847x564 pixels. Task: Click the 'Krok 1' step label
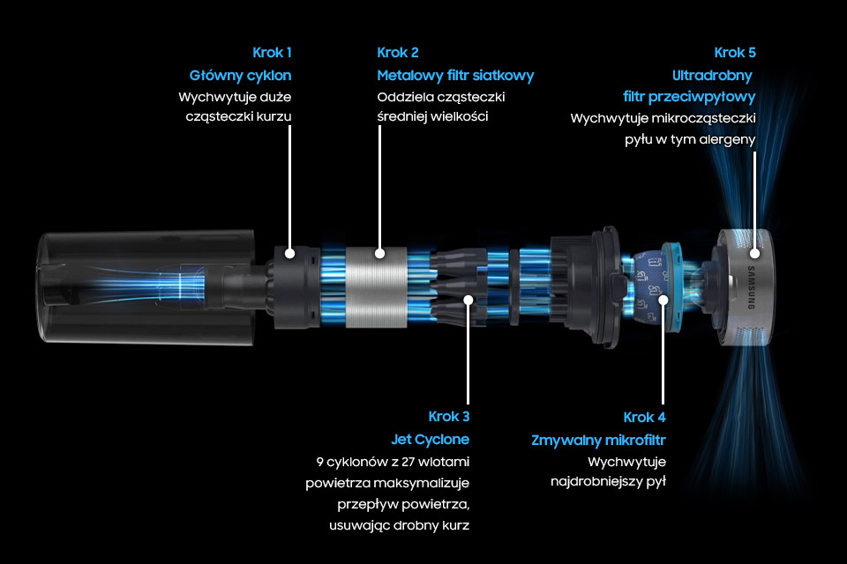272,52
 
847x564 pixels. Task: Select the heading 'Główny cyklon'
240,76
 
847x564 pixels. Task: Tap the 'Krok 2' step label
398,52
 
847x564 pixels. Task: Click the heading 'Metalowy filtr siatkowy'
455,76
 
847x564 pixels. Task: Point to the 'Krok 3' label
449,417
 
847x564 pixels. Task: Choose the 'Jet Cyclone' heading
430,440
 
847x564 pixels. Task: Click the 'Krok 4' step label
644,417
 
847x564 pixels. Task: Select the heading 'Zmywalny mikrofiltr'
598,441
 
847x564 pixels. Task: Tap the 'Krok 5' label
735,52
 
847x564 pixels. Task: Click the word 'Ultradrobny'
712,76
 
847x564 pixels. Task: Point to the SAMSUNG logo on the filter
751,287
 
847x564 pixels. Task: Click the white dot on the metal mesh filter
379,253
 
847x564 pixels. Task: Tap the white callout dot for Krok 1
290,253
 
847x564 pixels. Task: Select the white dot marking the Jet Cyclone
468,300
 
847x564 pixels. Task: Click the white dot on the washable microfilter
663,300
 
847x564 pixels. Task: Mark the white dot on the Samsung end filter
754,253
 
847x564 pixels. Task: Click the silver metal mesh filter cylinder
376,287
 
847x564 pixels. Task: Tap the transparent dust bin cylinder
146,287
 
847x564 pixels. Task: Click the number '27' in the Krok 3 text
408,462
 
